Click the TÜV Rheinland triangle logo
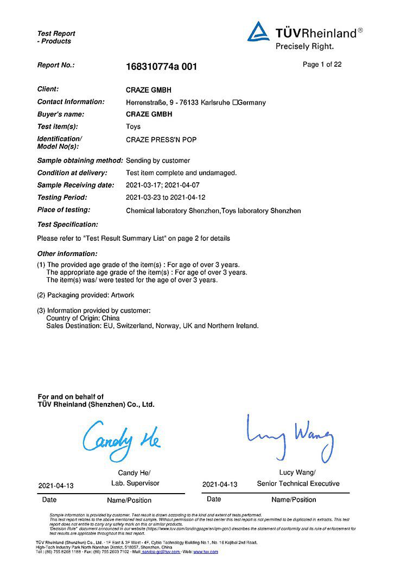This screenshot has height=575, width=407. (x=259, y=32)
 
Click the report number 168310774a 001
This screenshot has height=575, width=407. (x=161, y=67)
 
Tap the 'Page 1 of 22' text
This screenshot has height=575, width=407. (x=322, y=65)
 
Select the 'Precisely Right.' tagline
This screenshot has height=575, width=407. (x=304, y=47)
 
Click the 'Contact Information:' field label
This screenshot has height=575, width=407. (x=71, y=102)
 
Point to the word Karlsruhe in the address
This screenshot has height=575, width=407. (x=215, y=103)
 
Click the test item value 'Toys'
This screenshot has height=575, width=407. (x=133, y=127)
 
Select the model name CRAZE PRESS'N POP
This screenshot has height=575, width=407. (x=161, y=140)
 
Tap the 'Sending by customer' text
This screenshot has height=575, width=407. (x=158, y=161)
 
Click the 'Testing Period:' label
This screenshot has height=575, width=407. (x=62, y=197)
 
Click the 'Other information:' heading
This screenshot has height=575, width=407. (x=67, y=254)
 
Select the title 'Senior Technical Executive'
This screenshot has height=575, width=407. (x=298, y=483)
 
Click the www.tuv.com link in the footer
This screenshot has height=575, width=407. (x=206, y=552)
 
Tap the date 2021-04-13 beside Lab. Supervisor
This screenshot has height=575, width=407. (x=56, y=484)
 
